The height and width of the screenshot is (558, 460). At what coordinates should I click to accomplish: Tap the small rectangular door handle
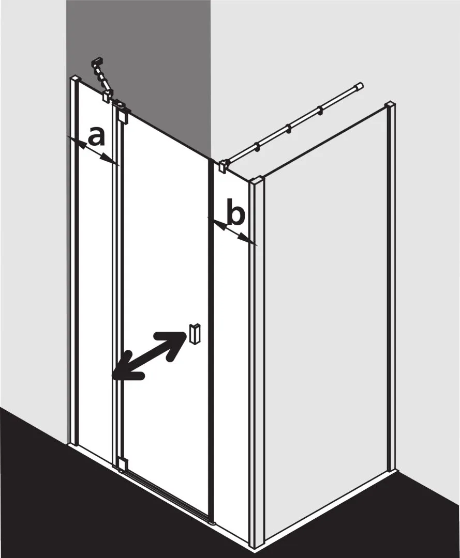(x=195, y=333)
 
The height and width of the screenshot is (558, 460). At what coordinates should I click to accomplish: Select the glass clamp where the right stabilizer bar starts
(x=222, y=166)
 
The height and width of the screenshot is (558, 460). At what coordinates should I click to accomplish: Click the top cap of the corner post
(x=257, y=181)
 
